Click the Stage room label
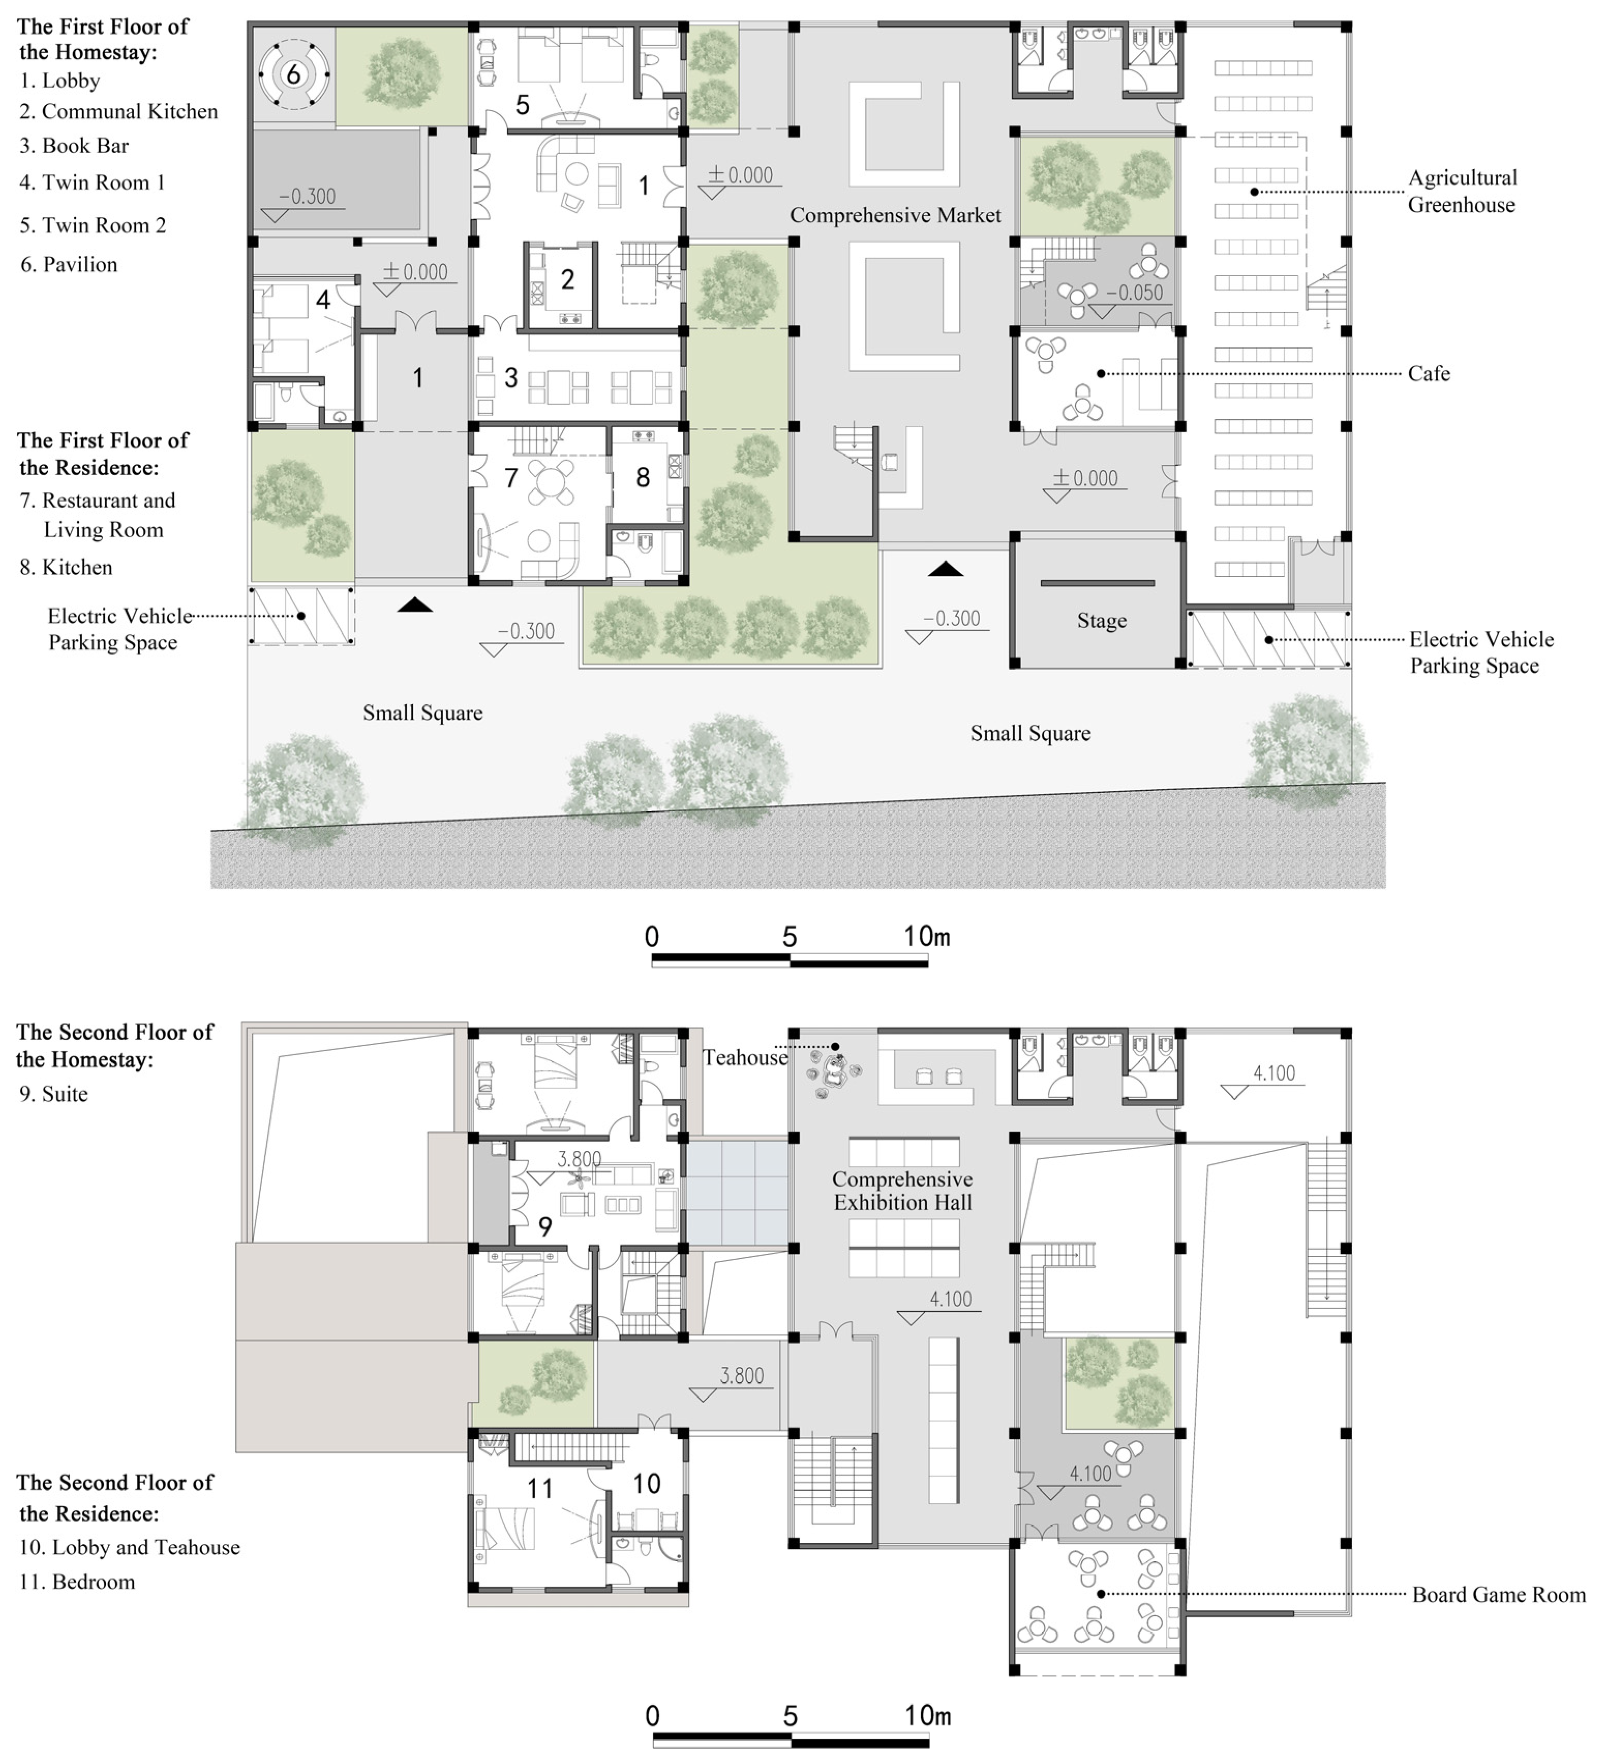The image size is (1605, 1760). (x=1101, y=621)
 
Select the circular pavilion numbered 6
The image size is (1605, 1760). (x=293, y=74)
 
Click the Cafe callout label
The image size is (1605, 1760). (x=1429, y=374)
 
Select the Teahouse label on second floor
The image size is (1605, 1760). (x=745, y=1058)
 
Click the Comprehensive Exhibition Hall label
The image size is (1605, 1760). (x=902, y=1191)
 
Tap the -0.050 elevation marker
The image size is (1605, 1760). (x=1134, y=293)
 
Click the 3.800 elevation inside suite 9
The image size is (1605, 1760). (x=579, y=1159)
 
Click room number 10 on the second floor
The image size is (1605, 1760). (x=646, y=1483)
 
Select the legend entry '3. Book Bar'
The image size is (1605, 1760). (x=74, y=146)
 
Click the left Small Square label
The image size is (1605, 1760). (x=422, y=713)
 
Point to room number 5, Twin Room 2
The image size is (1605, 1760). (x=522, y=105)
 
